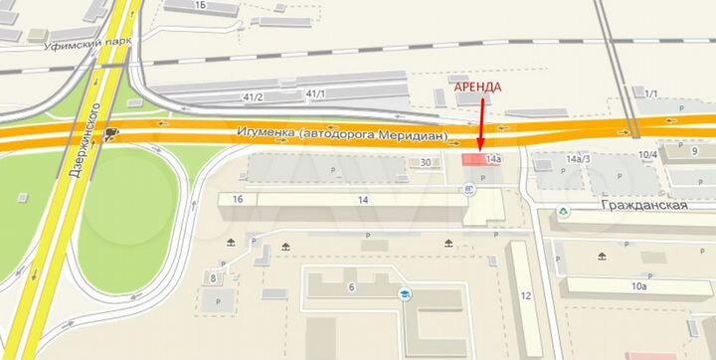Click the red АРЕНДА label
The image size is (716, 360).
tap(478, 88)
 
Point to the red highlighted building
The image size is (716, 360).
tap(473, 159)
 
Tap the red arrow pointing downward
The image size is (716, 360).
tap(481, 124)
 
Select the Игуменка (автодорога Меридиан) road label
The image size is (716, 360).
tap(343, 132)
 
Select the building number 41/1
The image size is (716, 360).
tap(317, 94)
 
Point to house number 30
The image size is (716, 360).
tap(427, 163)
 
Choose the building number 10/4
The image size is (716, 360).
tap(647, 154)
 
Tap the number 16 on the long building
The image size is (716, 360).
tap(237, 200)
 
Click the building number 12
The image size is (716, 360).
tap(525, 297)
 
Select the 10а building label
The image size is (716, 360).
tap(637, 286)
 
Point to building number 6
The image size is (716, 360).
tap(351, 287)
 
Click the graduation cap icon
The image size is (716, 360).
tap(405, 294)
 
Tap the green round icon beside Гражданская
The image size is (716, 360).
tap(564, 210)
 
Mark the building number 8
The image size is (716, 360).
tap(213, 277)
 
